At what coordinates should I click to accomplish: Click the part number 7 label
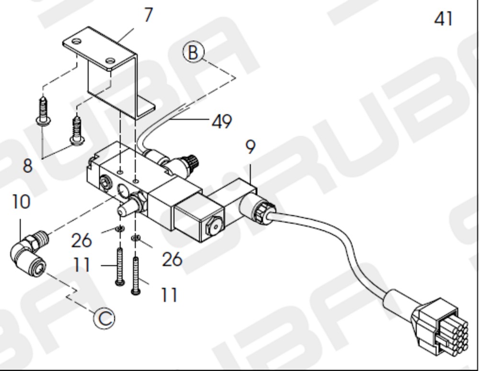point(148,15)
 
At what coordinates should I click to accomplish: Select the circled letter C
point(104,318)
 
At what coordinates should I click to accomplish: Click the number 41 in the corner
point(443,19)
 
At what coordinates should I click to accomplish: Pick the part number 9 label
point(250,147)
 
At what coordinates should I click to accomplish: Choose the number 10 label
point(21,202)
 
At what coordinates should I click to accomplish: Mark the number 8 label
point(27,166)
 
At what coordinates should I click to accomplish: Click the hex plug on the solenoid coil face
point(216,226)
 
